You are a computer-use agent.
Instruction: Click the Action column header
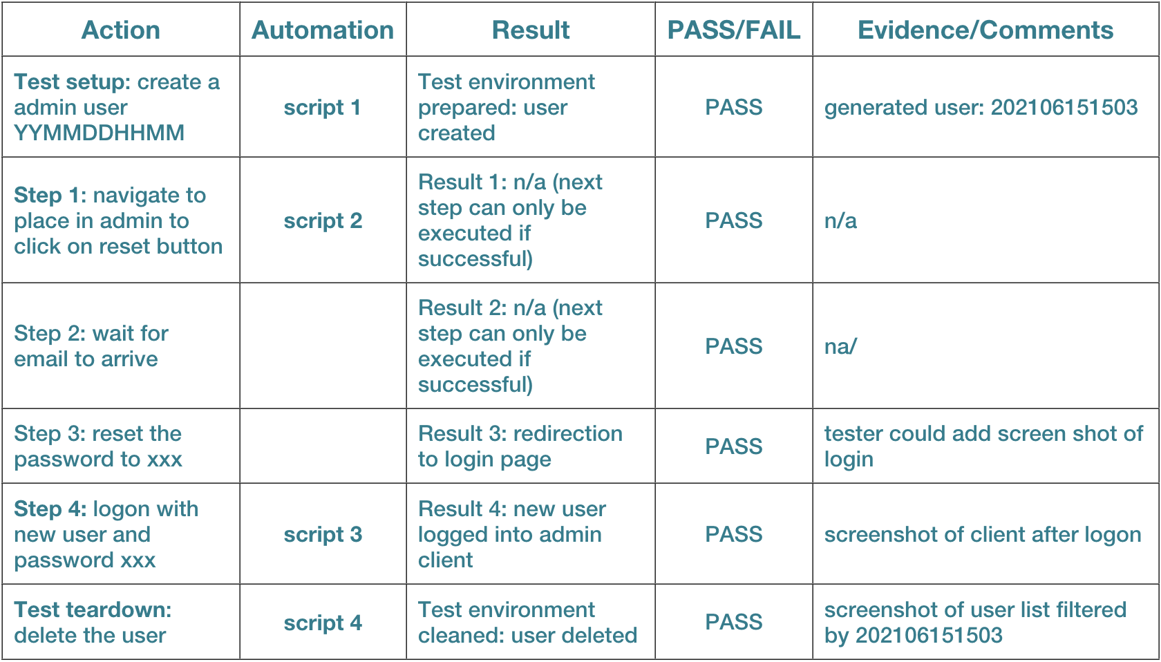(x=120, y=30)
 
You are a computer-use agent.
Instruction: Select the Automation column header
(x=322, y=30)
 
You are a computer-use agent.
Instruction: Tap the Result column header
(x=530, y=30)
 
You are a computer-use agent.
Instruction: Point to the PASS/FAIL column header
(x=733, y=30)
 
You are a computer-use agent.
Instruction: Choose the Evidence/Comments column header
(x=985, y=30)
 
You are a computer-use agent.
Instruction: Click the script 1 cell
(x=322, y=107)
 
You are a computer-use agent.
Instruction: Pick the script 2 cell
(x=322, y=221)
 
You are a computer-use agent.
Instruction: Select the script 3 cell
(x=322, y=534)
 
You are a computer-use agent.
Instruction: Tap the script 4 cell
(x=322, y=623)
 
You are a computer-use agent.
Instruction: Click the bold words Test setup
(x=72, y=82)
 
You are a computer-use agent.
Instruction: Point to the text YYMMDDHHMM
(x=99, y=133)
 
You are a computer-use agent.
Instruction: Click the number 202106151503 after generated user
(x=1064, y=107)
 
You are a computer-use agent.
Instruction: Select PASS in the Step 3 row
(x=733, y=446)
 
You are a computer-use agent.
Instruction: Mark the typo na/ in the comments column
(x=840, y=346)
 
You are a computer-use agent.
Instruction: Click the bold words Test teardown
(x=93, y=609)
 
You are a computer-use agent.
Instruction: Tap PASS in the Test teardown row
(x=733, y=622)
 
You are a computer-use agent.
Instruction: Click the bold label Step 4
(x=50, y=509)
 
